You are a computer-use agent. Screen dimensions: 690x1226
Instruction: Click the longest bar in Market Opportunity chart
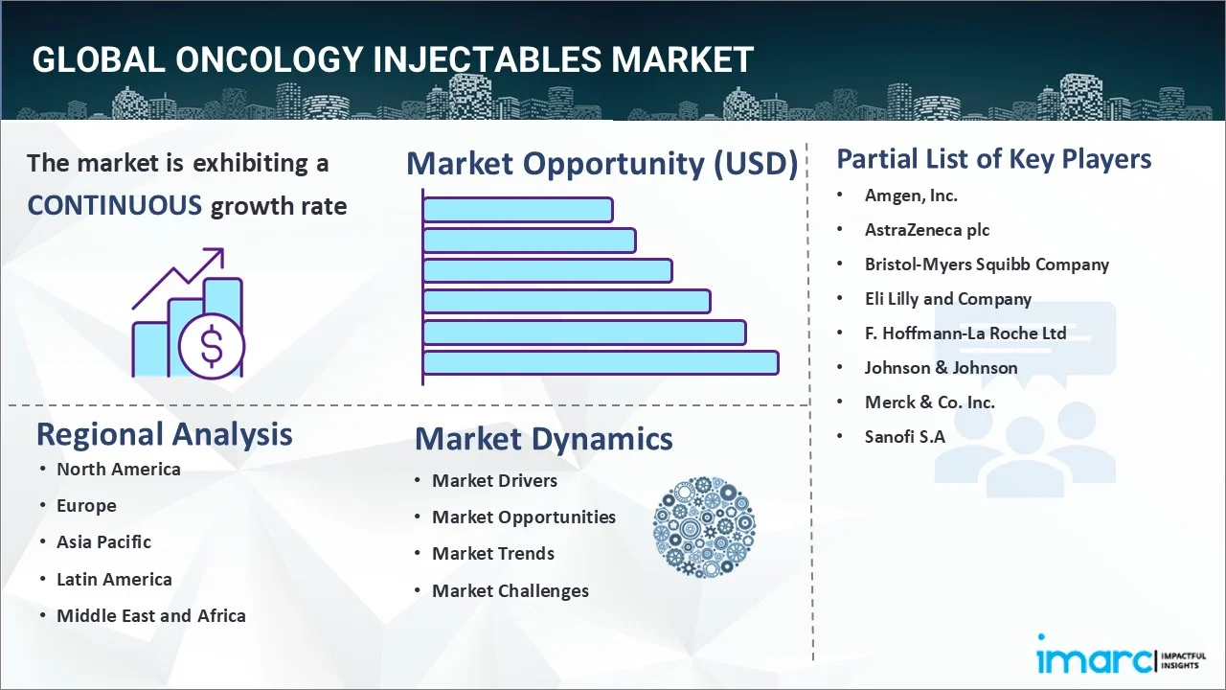[x=600, y=362]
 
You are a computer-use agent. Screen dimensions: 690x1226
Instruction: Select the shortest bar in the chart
[x=517, y=209]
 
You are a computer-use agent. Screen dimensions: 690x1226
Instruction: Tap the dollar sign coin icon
[x=212, y=347]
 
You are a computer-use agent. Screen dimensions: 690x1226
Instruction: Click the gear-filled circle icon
[x=704, y=528]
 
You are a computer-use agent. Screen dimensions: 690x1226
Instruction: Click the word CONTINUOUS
[x=114, y=205]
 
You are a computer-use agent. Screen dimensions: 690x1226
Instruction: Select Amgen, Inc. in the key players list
[x=911, y=195]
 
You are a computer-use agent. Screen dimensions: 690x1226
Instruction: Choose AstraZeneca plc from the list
[x=927, y=230]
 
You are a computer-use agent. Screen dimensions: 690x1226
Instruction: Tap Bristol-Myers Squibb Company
[x=987, y=264]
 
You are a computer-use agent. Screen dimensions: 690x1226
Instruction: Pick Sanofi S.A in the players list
[x=904, y=437]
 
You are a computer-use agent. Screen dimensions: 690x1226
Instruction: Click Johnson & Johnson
[x=941, y=368]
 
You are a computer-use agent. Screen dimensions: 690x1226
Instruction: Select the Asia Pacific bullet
[x=103, y=542]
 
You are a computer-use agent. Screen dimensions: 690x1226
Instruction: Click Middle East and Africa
[x=150, y=616]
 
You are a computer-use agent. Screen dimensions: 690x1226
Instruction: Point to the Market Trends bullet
[x=492, y=554]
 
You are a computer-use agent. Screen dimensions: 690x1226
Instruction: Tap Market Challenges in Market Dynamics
[x=510, y=591]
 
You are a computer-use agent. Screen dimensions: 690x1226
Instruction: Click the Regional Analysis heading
[x=164, y=434]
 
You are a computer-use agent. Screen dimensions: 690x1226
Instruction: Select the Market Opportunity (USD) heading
[x=602, y=164]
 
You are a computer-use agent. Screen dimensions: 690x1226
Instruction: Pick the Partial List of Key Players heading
[x=993, y=159]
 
